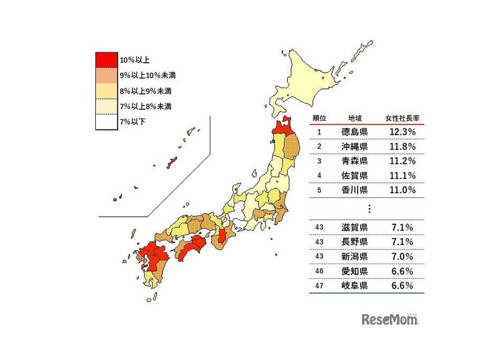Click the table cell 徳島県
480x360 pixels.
click(x=354, y=132)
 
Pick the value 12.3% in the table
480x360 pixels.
click(x=402, y=132)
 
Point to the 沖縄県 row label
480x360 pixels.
click(x=354, y=146)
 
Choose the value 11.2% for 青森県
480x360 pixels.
click(x=402, y=161)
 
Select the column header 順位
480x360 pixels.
click(x=319, y=118)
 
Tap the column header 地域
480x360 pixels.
click(x=354, y=118)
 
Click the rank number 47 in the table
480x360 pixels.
click(x=319, y=286)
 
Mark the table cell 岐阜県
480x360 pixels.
click(x=354, y=286)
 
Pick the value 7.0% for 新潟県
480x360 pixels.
click(x=402, y=256)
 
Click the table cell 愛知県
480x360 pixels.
click(x=354, y=271)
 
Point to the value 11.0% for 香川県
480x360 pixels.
click(x=402, y=190)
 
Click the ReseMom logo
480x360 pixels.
click(x=390, y=319)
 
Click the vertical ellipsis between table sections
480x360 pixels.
click(x=368, y=208)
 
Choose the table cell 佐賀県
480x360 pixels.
click(x=354, y=175)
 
